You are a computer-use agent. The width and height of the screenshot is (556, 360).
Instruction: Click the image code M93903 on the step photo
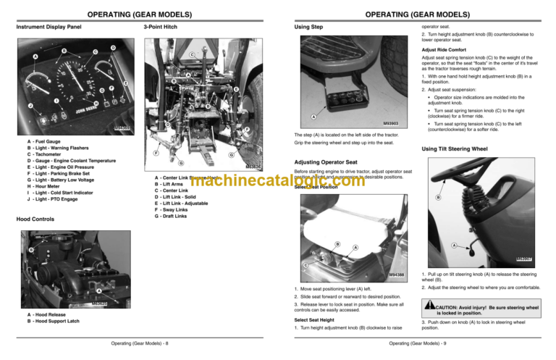pyautogui.click(x=392, y=123)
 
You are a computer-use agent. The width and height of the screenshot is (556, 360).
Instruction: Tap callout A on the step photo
pyautogui.click(x=313, y=116)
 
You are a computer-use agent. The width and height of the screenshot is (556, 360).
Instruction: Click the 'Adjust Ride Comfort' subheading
pyautogui.click(x=445, y=50)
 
